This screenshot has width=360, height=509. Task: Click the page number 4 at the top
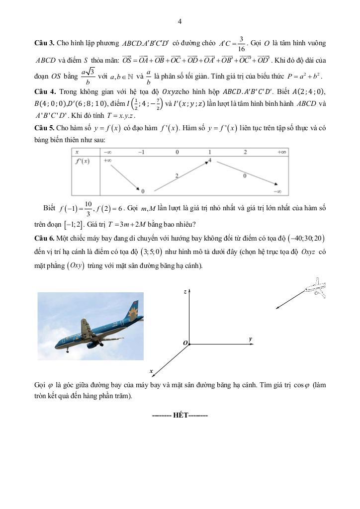click(180, 21)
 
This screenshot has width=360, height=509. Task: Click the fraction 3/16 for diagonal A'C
click(241, 44)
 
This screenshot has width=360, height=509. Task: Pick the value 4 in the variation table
click(211, 160)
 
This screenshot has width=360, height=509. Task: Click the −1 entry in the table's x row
click(142, 152)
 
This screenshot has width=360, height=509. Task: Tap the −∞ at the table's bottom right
click(278, 191)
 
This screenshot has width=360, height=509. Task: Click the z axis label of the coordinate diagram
click(184, 292)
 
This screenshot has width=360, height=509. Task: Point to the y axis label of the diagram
click(251, 339)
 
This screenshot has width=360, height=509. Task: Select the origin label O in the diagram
click(185, 343)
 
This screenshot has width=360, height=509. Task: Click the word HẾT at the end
click(180, 415)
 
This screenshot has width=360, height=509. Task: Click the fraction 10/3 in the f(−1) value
click(88, 208)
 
